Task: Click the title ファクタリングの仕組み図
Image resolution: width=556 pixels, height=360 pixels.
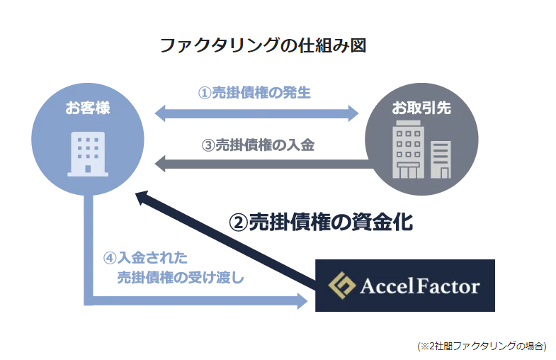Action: tap(262, 46)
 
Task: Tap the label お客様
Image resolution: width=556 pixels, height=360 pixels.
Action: tap(88, 108)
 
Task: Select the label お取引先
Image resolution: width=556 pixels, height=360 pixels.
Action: tap(421, 108)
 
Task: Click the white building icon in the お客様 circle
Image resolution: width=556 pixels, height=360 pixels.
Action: tap(88, 153)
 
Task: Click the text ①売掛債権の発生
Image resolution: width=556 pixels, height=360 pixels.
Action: tap(254, 93)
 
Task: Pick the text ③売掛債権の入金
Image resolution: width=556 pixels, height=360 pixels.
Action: tap(258, 145)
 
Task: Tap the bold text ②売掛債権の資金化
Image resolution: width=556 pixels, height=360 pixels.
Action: tap(320, 222)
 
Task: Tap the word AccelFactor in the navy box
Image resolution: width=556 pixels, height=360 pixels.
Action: tap(420, 286)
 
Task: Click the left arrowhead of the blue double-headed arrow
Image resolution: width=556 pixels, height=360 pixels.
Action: tap(161, 112)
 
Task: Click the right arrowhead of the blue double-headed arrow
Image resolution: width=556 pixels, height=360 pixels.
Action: tap(353, 112)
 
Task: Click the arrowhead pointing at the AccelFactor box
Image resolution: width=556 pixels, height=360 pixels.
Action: tap(302, 301)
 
